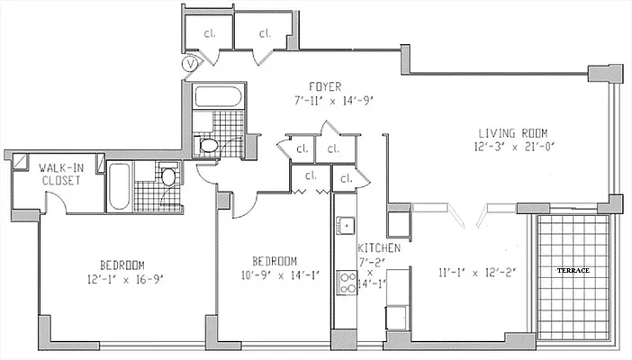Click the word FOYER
pos(324,86)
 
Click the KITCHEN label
pos(373,247)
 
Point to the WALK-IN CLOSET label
pos(60,174)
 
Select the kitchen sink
pos(346,225)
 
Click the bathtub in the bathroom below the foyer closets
pos(215,97)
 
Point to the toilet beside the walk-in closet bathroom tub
pos(167,175)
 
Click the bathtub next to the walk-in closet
pos(120,187)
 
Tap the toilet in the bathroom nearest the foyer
pos(208,144)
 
